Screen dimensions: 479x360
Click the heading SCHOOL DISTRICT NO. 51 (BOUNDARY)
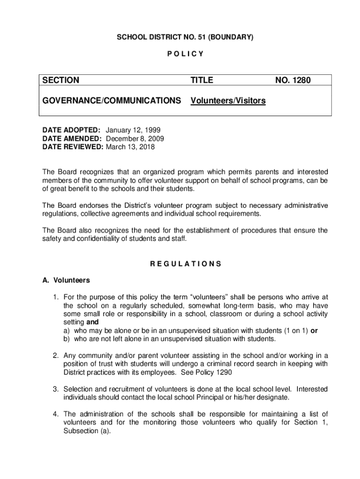[x=185, y=37]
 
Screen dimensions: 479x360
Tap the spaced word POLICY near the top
[x=185, y=53]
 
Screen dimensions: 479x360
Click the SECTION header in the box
[x=61, y=81]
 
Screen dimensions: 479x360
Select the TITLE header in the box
[x=202, y=81]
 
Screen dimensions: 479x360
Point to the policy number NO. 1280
[x=293, y=81]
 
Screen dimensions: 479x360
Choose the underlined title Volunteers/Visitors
[x=228, y=101]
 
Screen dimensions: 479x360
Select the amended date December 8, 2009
[x=135, y=138]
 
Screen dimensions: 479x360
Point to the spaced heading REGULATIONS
[x=186, y=264]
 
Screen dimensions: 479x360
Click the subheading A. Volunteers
[x=66, y=281]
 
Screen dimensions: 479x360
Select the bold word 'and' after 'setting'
[x=92, y=322]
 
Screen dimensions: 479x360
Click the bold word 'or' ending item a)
[x=314, y=331]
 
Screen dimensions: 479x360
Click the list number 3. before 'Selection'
[x=55, y=389]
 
